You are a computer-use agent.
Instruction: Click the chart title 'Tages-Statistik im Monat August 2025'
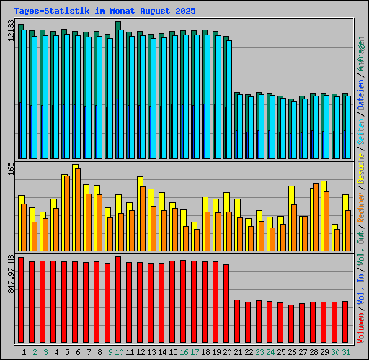105,12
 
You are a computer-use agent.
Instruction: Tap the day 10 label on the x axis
118,352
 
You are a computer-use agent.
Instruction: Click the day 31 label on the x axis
346,352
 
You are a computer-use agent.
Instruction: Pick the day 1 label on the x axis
25,352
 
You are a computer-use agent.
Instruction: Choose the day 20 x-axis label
226,352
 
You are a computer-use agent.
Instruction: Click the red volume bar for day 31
345,323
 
